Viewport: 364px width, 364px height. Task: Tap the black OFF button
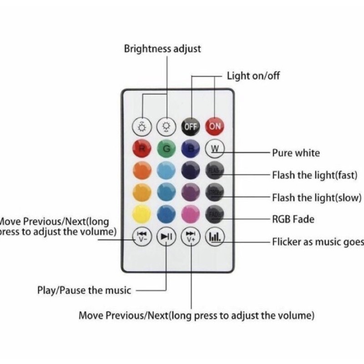(191, 126)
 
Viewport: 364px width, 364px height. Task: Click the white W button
(215, 148)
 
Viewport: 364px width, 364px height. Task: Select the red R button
(141, 148)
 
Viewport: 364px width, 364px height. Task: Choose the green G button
(166, 148)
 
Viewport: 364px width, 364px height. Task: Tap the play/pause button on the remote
(166, 236)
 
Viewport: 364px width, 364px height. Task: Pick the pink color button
(191, 213)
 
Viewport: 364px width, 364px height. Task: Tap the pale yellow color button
(141, 213)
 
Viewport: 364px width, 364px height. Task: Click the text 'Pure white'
(296, 153)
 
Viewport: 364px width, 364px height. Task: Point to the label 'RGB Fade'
(293, 219)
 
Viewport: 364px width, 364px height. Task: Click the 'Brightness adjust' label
(162, 49)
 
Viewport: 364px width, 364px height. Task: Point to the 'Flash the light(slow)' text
(316, 197)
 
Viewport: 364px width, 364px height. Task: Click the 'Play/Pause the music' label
(84, 290)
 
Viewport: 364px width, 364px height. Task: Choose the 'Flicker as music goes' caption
(318, 242)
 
